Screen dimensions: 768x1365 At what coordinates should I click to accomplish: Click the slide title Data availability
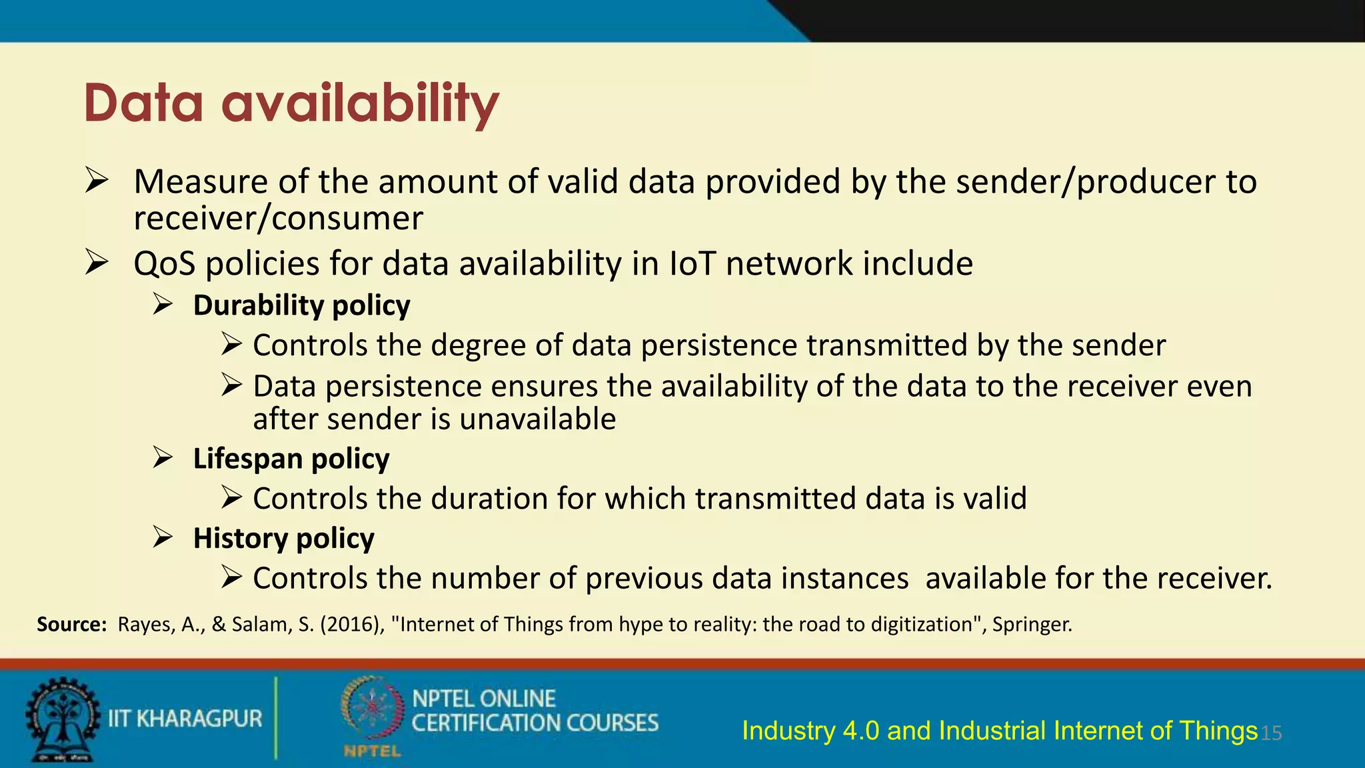coord(291,103)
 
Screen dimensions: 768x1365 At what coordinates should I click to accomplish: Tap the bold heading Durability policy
coord(301,305)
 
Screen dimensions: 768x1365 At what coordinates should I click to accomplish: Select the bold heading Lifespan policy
coord(291,459)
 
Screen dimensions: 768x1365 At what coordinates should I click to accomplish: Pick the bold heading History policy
coord(283,538)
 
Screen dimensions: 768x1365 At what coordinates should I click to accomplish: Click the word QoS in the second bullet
coord(164,263)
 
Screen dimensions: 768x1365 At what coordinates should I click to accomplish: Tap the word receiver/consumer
coord(278,218)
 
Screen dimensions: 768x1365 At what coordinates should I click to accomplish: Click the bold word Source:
coord(71,625)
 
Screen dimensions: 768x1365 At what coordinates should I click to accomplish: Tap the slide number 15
coord(1272,733)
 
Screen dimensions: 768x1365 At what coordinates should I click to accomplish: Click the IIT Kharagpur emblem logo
coord(61,719)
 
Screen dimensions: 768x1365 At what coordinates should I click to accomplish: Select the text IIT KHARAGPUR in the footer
coord(185,719)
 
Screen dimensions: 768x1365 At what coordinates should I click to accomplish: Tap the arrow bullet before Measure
coord(97,181)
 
